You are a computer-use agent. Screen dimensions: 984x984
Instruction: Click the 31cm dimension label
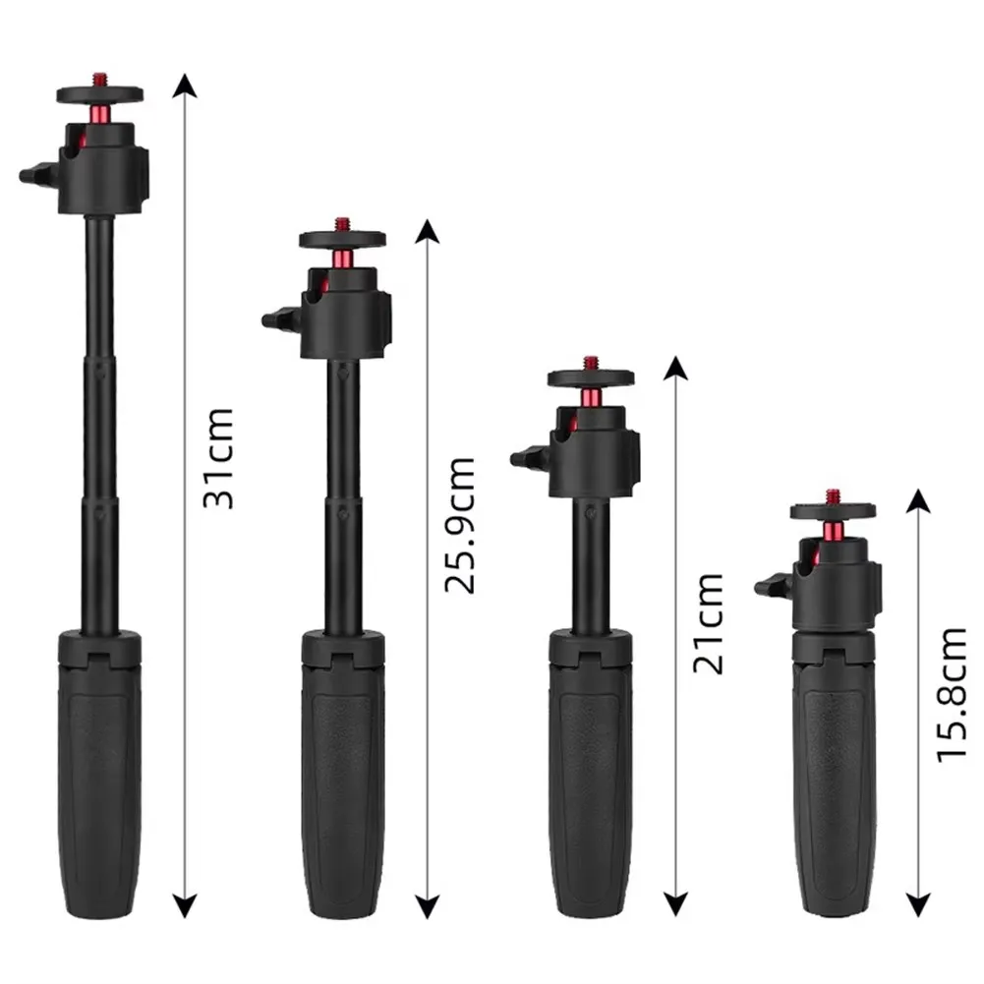point(218,457)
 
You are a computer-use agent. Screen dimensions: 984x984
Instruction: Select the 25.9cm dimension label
point(460,526)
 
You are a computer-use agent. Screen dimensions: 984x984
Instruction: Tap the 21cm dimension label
point(707,623)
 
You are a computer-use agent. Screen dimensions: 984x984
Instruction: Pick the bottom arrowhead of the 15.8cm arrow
point(917,907)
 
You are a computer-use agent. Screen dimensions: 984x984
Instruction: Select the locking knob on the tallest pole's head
point(33,176)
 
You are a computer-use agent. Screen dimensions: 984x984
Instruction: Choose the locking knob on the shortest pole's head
point(768,587)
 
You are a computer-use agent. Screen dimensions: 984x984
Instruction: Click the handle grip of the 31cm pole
point(99,777)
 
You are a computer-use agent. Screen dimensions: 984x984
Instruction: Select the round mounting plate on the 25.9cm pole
point(342,239)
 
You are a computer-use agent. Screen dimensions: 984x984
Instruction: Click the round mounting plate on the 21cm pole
point(591,377)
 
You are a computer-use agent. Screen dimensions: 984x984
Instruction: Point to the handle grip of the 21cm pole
point(591,777)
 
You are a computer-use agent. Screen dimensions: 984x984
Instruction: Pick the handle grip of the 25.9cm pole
point(342,777)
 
